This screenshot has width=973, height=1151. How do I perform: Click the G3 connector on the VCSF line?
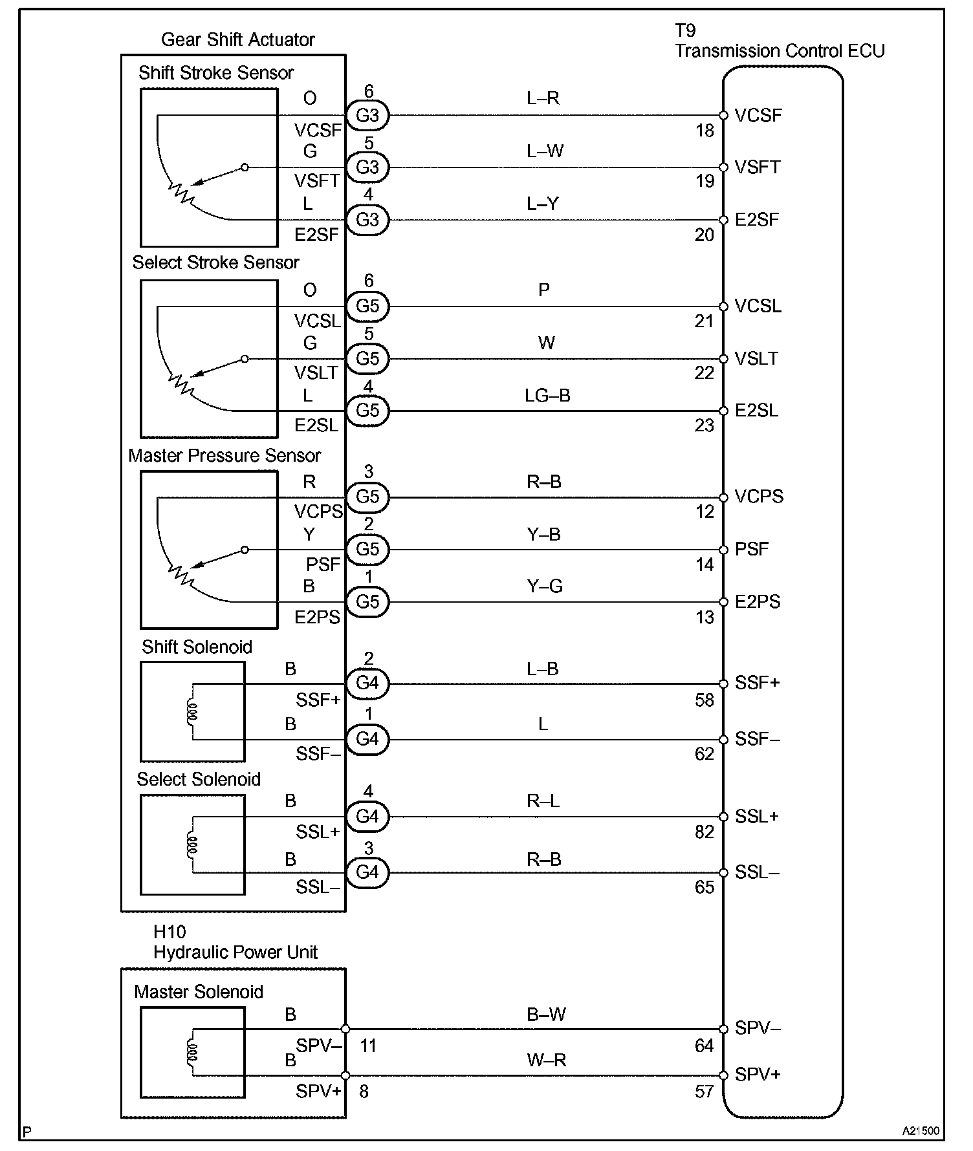click(x=367, y=115)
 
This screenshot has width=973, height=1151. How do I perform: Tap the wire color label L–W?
click(x=545, y=151)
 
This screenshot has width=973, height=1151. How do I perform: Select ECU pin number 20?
click(x=705, y=235)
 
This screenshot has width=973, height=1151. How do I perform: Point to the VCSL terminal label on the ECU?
click(x=758, y=306)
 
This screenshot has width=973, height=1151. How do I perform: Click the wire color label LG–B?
click(x=547, y=395)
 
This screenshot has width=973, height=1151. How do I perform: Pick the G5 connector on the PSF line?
click(x=367, y=549)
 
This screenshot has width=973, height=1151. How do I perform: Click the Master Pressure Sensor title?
click(x=224, y=456)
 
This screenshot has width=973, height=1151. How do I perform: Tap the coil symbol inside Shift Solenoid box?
click(x=192, y=711)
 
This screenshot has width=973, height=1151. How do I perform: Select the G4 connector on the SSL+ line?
click(x=367, y=817)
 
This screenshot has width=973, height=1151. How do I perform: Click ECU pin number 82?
click(x=705, y=832)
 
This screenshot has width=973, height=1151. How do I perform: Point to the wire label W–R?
click(x=547, y=1060)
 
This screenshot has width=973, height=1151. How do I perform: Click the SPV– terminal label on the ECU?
click(x=758, y=1028)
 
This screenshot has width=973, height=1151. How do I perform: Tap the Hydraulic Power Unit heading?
click(x=235, y=952)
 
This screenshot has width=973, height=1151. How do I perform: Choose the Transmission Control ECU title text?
click(x=780, y=51)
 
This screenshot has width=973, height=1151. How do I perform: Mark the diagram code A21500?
click(x=921, y=1131)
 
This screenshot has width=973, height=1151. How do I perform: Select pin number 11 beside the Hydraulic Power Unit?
click(x=368, y=1046)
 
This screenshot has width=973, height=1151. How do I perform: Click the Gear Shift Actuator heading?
click(x=237, y=40)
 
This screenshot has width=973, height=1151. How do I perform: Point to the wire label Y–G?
click(x=545, y=586)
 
